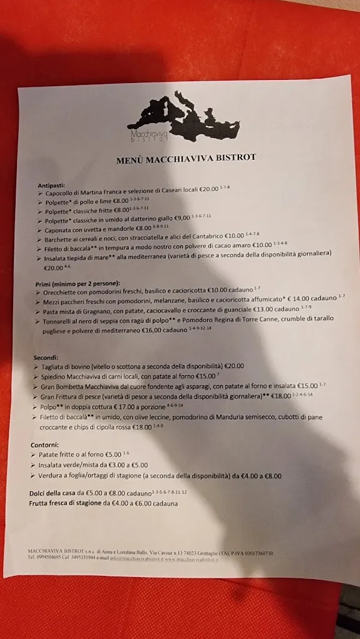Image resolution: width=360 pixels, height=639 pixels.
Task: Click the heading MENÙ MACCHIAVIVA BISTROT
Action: (x=186, y=159)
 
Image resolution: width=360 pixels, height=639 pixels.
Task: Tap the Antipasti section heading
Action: (x=51, y=186)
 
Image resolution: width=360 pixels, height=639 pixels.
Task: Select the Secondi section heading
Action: (x=46, y=358)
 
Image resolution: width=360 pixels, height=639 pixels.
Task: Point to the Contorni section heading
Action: (x=44, y=444)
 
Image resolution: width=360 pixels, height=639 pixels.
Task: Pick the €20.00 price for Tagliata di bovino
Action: (x=234, y=366)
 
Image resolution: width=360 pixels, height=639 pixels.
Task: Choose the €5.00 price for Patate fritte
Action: (x=113, y=455)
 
